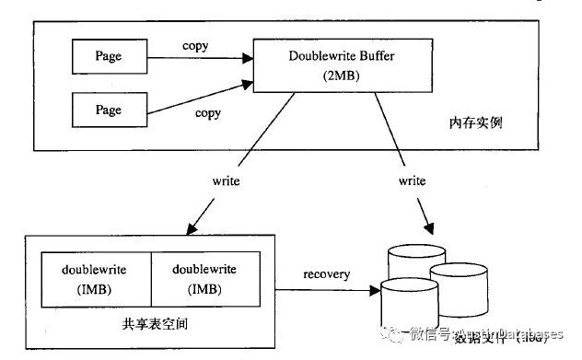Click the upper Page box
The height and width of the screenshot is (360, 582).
[108, 56]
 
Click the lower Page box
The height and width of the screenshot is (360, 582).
[108, 110]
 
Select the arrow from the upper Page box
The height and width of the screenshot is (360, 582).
[197, 58]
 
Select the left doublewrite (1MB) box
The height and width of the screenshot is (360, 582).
[94, 280]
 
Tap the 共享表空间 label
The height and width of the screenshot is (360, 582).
[153, 324]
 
